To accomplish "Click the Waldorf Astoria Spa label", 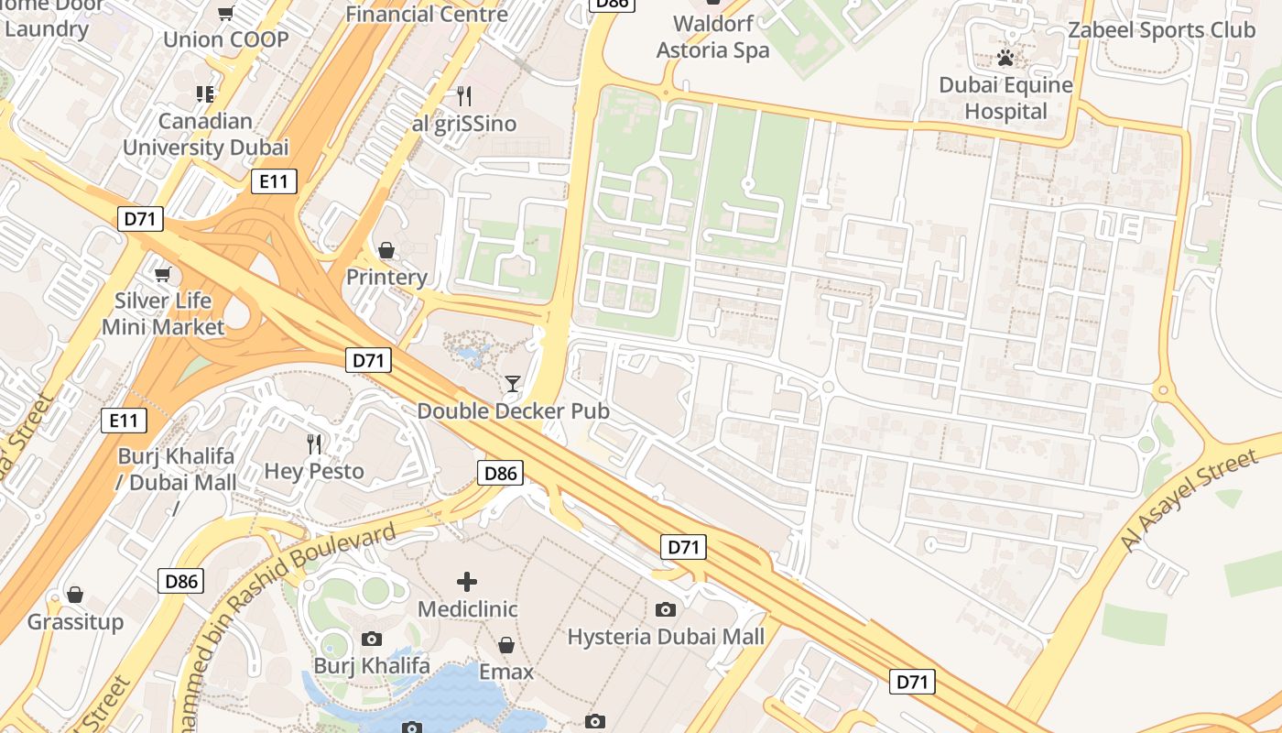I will click(x=713, y=37).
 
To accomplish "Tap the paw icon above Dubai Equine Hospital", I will click(x=1005, y=60).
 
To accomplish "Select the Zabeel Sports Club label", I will click(x=1161, y=30).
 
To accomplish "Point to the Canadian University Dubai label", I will click(x=205, y=134).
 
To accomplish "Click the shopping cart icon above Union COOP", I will click(x=225, y=13).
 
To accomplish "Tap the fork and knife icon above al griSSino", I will click(x=464, y=95).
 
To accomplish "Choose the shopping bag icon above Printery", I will click(x=386, y=250).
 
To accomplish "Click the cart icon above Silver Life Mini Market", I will click(x=163, y=274).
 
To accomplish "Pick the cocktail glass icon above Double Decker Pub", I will click(x=513, y=383).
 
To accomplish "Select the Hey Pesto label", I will click(x=314, y=471).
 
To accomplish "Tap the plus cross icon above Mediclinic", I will click(x=467, y=582).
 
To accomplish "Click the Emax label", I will click(x=506, y=672).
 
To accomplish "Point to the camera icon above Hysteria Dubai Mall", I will click(x=666, y=609).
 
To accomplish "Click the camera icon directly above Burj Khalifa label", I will click(x=372, y=639).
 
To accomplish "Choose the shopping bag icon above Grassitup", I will click(x=75, y=596).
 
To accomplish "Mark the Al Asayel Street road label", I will click(x=1189, y=500).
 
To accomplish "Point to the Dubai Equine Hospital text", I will click(x=1005, y=98).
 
